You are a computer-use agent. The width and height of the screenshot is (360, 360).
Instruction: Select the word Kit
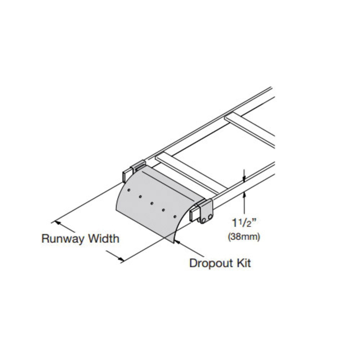pos(243,263)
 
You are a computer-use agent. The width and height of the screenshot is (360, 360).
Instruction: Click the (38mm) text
pos(244,237)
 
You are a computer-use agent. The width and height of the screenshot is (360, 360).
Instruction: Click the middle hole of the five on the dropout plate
pos(152,203)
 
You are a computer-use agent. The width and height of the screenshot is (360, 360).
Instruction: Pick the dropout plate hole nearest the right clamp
pos(175,216)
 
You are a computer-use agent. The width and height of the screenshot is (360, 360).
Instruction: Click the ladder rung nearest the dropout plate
pos(191,172)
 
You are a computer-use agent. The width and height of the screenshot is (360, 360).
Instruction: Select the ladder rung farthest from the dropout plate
pos(252,129)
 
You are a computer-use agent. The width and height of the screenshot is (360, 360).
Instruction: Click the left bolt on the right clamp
pos(203,220)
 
